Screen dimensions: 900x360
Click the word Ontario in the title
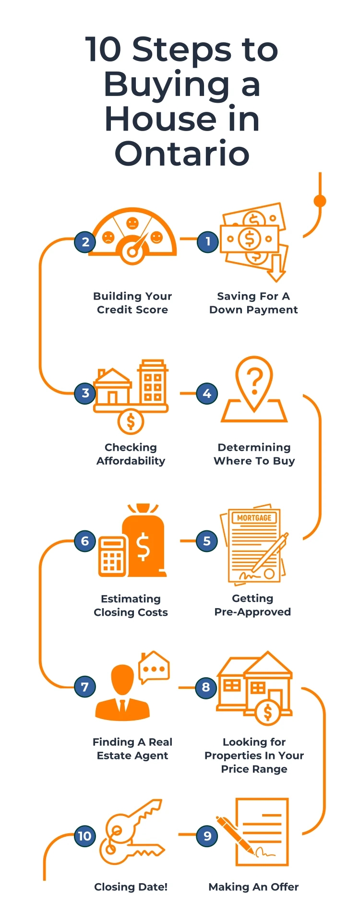click(182, 154)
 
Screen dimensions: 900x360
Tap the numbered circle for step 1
click(208, 241)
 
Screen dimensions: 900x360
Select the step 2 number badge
click(85, 241)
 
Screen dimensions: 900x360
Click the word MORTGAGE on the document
click(254, 518)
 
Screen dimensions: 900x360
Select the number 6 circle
click(85, 541)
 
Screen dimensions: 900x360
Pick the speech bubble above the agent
click(154, 668)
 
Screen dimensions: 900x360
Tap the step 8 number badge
click(206, 687)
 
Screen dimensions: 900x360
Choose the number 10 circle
click(84, 836)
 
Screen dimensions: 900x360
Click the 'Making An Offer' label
click(253, 887)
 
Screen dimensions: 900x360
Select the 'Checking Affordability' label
click(131, 454)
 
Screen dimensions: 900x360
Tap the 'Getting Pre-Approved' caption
click(252, 605)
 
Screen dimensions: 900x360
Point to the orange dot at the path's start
click(320, 201)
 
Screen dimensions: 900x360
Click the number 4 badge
click(207, 394)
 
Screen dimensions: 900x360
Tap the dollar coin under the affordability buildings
click(131, 422)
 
